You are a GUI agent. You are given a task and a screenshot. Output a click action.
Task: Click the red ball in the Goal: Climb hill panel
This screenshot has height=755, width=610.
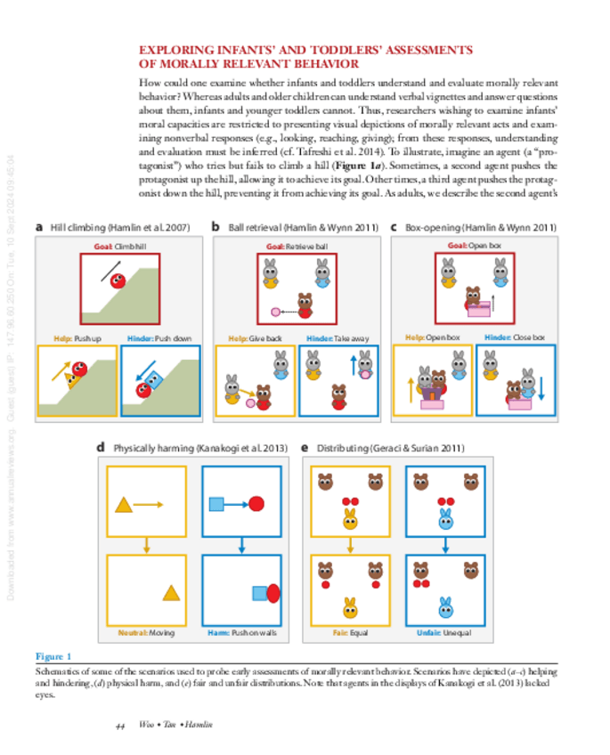117,284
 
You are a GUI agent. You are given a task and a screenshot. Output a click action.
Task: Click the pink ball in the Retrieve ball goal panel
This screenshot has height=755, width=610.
275,312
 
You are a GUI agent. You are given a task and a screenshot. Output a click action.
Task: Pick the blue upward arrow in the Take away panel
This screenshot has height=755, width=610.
353,363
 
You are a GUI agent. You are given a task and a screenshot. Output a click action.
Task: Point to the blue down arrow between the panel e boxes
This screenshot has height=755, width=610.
444,545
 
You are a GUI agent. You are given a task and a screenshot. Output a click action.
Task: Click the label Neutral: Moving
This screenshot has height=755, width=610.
148,632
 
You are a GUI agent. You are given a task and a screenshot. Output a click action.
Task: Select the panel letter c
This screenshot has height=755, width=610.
394,227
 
